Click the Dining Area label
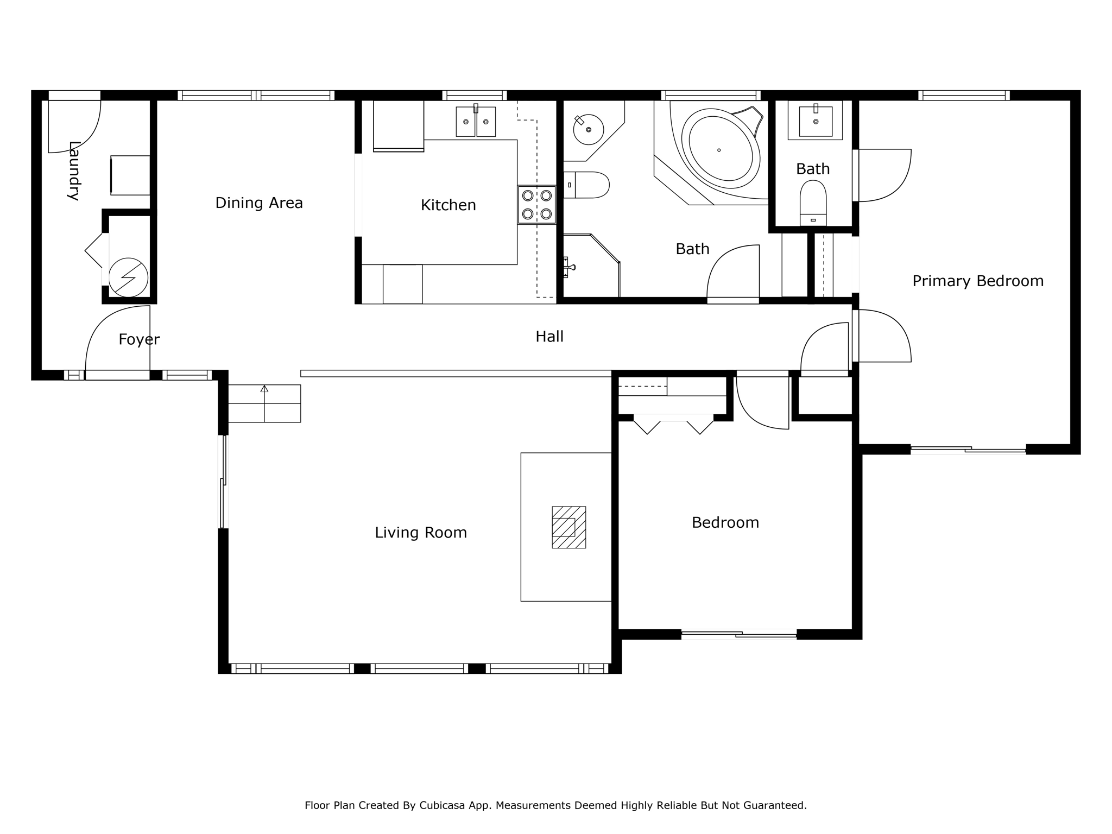[259, 203]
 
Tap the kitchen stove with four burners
[536, 205]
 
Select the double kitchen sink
[476, 122]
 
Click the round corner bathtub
[721, 149]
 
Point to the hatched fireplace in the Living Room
[568, 527]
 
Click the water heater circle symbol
[128, 277]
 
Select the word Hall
[549, 337]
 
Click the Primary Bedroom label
[977, 281]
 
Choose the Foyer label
[139, 340]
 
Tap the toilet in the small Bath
[813, 203]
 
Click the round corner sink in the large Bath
[589, 129]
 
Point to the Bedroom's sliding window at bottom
[738, 634]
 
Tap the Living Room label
[421, 533]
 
